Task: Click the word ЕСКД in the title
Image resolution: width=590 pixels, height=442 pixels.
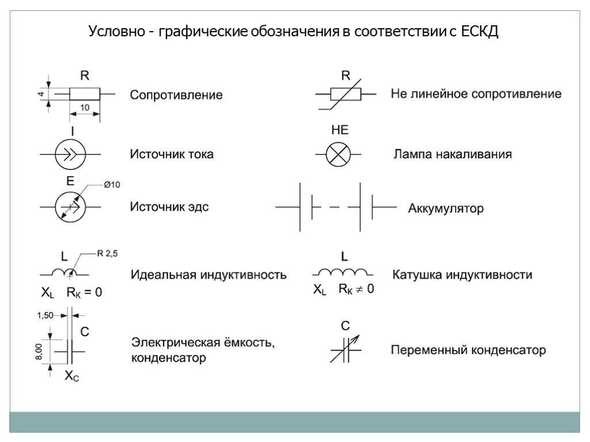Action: tap(479, 31)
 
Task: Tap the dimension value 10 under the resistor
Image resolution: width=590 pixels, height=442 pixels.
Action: tap(85, 108)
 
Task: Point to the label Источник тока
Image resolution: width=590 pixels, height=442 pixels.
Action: tap(172, 154)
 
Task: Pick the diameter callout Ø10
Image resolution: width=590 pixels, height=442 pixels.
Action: tap(112, 185)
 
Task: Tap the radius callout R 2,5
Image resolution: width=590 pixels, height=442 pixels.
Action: tap(107, 253)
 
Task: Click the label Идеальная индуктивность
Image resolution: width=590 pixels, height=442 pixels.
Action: tap(209, 275)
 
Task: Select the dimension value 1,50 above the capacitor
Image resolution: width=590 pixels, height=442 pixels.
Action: tap(45, 315)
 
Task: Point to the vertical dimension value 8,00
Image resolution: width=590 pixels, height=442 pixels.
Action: tap(39, 352)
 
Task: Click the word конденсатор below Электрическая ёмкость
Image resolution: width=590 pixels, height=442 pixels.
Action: tap(169, 358)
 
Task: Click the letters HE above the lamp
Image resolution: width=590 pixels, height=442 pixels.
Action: tap(340, 130)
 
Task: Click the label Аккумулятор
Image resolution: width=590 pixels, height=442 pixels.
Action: tap(446, 208)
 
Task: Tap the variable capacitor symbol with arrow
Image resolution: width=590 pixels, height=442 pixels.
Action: tap(346, 349)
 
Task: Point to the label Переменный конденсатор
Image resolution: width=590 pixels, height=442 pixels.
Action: tap(468, 350)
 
